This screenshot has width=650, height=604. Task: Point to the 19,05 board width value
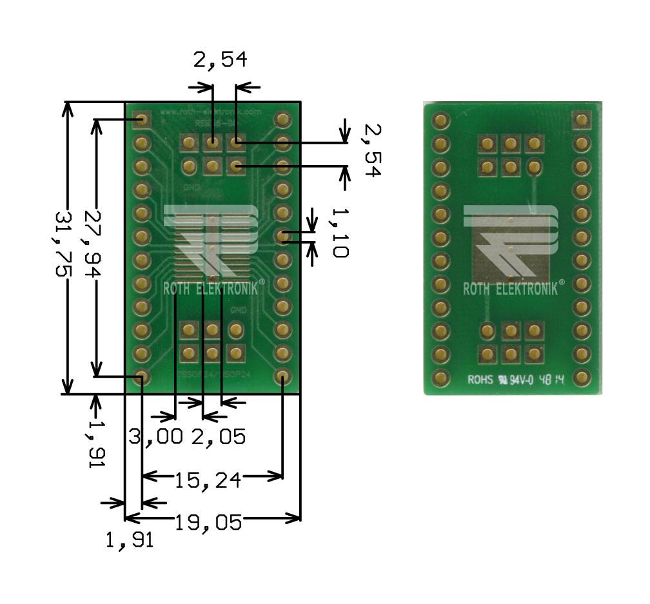208,521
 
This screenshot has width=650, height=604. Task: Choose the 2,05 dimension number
218,436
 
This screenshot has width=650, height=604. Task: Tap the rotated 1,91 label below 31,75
97,445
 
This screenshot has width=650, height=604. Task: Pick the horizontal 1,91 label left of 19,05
130,540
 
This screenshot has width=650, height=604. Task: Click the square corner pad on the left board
141,119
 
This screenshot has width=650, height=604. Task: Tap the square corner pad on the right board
582,119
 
